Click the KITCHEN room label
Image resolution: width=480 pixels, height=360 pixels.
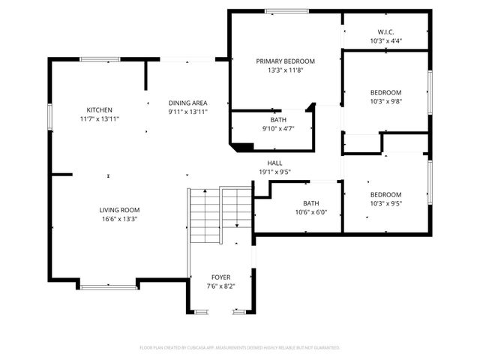[99, 109]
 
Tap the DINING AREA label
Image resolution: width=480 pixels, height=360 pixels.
[187, 103]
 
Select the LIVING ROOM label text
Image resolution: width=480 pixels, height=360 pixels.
[120, 210]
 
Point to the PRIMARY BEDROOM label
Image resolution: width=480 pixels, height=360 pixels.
[285, 61]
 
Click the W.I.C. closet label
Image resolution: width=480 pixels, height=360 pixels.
[385, 31]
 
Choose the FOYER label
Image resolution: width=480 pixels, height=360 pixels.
[220, 277]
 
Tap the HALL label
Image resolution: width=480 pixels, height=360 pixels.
[274, 163]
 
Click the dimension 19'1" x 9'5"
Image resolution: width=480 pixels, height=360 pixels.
[274, 171]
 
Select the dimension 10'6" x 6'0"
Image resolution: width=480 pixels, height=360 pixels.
[310, 212]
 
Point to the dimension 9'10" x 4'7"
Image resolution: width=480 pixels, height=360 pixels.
[278, 129]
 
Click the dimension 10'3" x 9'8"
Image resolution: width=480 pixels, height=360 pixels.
[385, 101]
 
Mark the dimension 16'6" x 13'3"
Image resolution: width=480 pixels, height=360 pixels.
[120, 219]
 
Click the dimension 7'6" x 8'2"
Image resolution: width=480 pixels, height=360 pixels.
[220, 286]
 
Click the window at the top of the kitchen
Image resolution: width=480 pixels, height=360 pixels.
[100, 59]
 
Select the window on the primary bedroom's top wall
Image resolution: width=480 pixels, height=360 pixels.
[286, 10]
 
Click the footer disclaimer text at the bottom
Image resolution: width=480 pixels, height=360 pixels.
[240, 347]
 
